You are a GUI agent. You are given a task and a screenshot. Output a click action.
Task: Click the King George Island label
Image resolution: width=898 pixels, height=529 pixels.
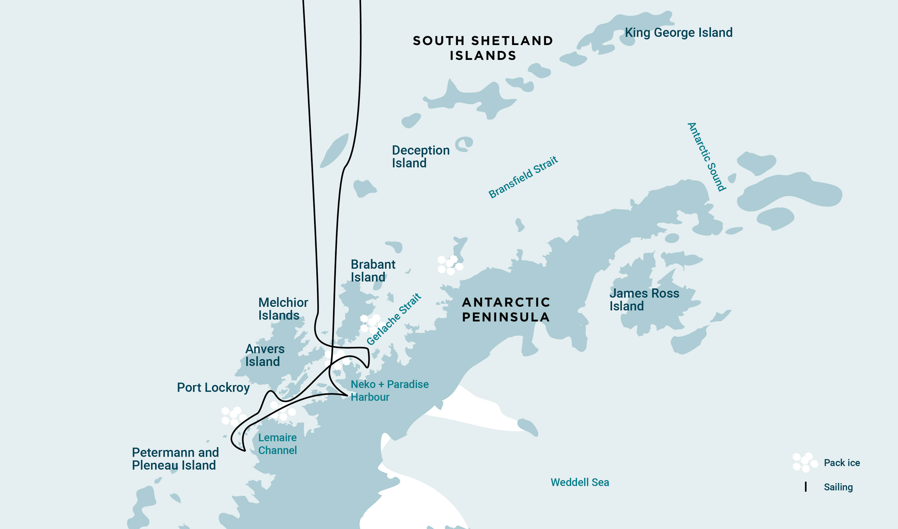tap(678, 33)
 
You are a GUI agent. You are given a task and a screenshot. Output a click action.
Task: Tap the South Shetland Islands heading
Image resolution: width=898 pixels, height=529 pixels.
tap(483, 48)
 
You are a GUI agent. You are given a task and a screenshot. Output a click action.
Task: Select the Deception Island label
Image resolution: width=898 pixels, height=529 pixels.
tap(420, 156)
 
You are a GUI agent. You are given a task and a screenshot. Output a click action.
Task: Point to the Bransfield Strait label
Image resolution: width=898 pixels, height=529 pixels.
tap(523, 177)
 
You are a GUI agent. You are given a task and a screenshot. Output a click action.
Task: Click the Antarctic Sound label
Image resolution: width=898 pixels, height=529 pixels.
tap(706, 157)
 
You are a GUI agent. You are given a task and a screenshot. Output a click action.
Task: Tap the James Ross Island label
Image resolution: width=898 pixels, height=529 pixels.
tap(644, 299)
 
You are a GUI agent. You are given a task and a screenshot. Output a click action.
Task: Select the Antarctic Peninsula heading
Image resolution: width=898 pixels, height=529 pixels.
tap(506, 309)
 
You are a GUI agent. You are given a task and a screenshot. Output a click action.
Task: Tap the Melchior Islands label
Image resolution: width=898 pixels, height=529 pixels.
tap(283, 309)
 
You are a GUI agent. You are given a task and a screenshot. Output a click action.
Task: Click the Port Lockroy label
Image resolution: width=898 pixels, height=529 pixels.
tap(213, 387)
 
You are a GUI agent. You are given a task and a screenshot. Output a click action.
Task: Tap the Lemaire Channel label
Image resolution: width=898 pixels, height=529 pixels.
tap(277, 444)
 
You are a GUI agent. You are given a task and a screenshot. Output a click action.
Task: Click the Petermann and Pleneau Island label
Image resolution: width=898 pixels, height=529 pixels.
tap(175, 459)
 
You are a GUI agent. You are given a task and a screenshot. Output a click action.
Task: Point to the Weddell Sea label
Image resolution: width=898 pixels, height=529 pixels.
tap(580, 482)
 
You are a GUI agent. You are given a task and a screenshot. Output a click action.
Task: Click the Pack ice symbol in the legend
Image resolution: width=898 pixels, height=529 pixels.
tap(805, 462)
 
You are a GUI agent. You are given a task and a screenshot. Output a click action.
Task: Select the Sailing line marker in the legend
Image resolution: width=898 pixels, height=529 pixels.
tap(806, 487)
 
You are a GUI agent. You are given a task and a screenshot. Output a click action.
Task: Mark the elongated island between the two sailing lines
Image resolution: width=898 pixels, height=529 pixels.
tap(334, 150)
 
